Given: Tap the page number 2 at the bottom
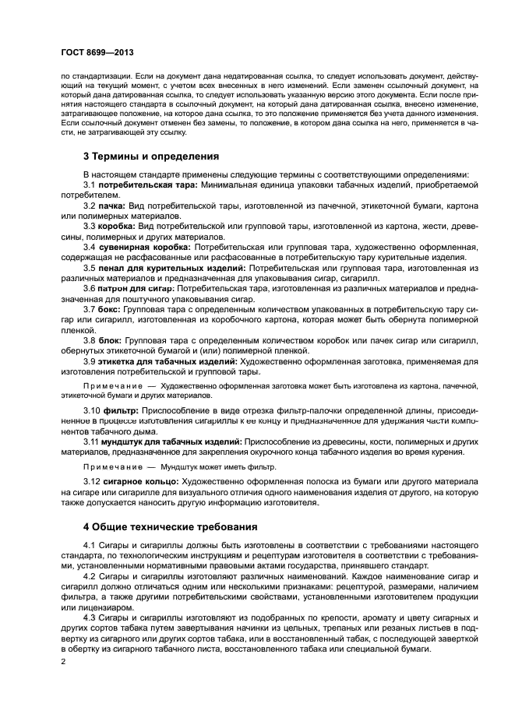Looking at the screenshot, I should coord(62,662).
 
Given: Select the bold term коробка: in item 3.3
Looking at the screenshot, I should coord(118,226).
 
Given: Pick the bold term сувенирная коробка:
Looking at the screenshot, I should coord(140,247).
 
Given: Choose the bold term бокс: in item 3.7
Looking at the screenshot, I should coord(109,310).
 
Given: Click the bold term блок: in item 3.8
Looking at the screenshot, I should coord(109,340).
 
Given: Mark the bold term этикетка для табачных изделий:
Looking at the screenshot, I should coord(168,361).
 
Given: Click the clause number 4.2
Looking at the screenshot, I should coord(90,575).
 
